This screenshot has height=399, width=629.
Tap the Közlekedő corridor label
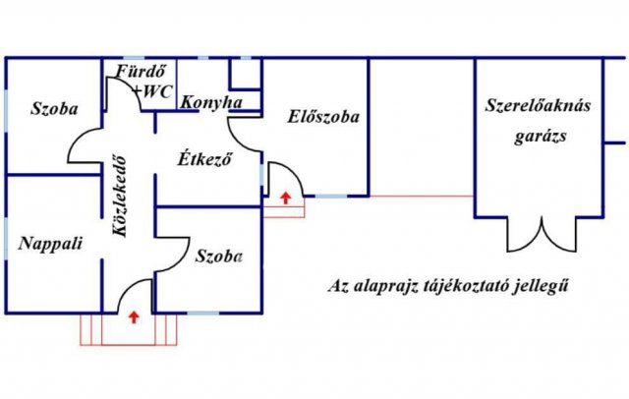coord(120,197)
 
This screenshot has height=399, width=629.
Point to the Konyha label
coord(206,100)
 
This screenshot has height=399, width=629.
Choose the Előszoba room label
coord(323,116)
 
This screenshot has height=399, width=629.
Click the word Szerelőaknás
coord(538,106)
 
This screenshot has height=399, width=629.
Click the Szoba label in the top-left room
coord(54,108)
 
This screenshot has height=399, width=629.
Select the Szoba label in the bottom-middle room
coord(218,256)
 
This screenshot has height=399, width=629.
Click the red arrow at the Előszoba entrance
coord(285,199)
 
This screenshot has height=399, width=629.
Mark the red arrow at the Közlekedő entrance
coord(133,315)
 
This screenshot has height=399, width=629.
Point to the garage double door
coord(540,234)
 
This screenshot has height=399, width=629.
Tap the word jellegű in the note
coord(543,288)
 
